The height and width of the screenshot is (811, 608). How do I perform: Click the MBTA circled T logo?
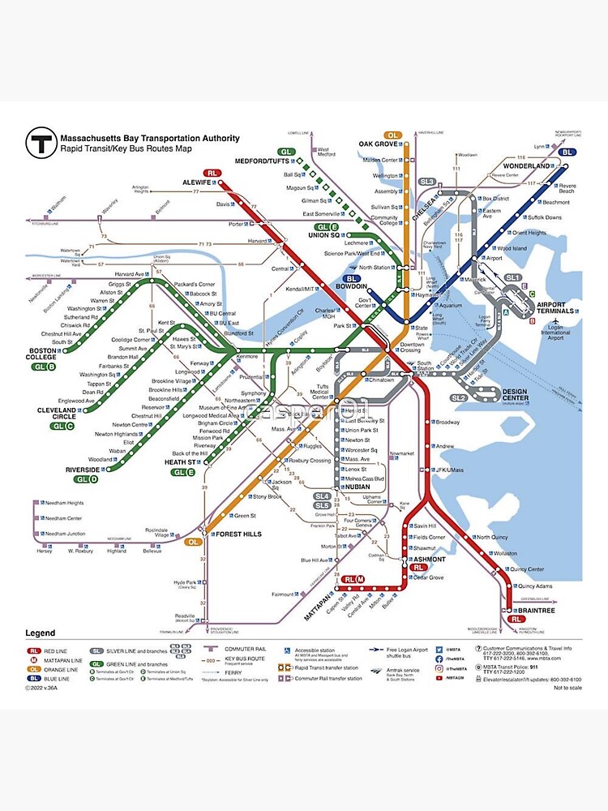coord(40,143)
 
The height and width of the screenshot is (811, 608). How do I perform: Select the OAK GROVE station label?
coord(378,144)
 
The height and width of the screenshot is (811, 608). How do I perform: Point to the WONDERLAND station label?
coord(527,165)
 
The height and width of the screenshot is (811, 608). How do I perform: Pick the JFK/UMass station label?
coord(448,470)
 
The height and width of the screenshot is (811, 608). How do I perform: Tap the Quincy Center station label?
coord(527,569)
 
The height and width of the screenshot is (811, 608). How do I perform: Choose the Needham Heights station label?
coord(64,503)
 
